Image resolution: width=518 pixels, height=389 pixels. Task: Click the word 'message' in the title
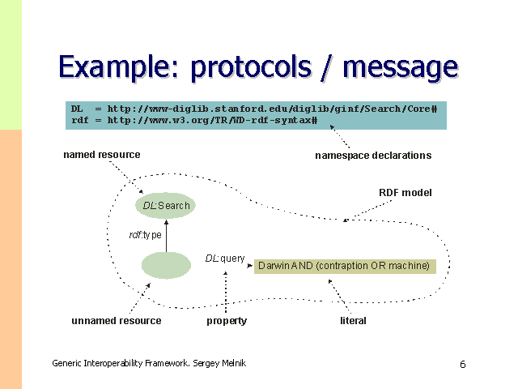tap(399, 67)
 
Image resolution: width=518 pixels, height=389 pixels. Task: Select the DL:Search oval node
tap(166, 206)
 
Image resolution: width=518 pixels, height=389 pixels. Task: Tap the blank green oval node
tap(166, 265)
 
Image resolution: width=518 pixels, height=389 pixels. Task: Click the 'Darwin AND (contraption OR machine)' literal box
tap(345, 266)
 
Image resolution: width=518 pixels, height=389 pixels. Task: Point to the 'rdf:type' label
tap(146, 235)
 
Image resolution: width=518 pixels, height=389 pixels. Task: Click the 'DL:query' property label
tap(225, 259)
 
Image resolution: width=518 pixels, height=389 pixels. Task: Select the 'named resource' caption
tap(101, 155)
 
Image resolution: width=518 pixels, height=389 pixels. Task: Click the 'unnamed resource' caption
tap(116, 321)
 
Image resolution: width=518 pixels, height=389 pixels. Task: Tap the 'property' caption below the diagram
tap(227, 321)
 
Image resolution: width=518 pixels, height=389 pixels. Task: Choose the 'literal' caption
tap(353, 321)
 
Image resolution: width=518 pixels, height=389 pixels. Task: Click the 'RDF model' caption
tap(405, 193)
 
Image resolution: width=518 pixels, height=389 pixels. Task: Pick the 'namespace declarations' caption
tap(373, 156)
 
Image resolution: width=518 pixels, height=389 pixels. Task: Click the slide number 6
tap(462, 365)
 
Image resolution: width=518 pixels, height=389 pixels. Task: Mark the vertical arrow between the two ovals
tap(166, 235)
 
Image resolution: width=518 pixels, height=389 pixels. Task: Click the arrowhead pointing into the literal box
tap(251, 263)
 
